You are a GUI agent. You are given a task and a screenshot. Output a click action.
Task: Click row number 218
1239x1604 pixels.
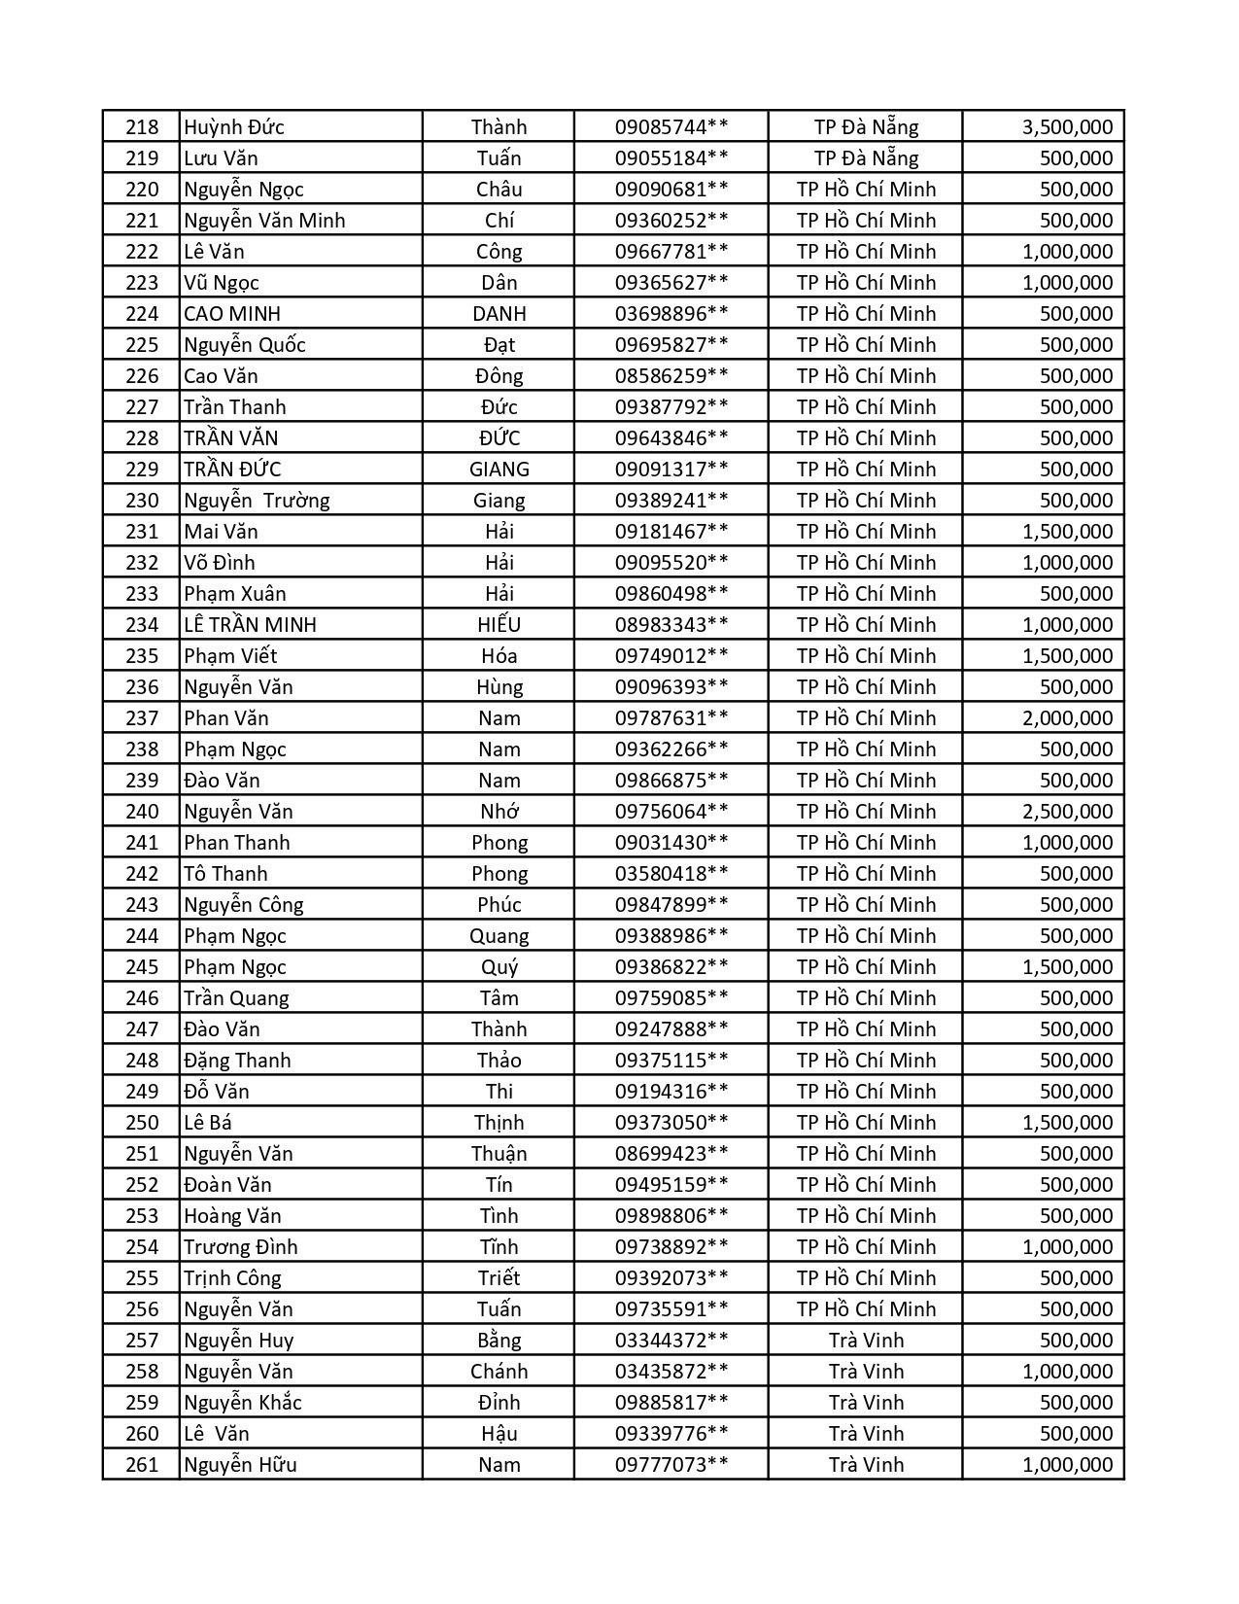142,127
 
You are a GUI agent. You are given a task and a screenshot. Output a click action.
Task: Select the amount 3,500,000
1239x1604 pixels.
1067,127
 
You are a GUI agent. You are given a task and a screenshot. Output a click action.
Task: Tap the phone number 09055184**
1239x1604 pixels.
671,158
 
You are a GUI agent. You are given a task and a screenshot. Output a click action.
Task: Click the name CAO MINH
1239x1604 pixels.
232,314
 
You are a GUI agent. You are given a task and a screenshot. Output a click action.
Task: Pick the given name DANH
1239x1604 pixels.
499,314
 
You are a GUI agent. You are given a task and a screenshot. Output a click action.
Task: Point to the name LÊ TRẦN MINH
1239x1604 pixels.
250,625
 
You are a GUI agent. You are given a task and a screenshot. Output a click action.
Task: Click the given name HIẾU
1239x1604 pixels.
499,625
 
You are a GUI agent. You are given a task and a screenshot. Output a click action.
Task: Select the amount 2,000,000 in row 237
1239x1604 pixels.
1067,718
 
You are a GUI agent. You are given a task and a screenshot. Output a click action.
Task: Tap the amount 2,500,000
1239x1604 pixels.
1067,812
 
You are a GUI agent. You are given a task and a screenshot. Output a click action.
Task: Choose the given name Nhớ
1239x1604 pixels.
499,812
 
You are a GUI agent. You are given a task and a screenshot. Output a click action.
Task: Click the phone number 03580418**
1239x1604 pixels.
671,874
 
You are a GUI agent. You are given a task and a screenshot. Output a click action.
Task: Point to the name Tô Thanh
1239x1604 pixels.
225,874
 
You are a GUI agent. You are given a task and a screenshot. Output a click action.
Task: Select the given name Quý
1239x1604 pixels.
499,967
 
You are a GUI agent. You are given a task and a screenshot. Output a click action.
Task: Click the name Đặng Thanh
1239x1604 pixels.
237,1061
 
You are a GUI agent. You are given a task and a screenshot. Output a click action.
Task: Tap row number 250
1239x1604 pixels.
142,1123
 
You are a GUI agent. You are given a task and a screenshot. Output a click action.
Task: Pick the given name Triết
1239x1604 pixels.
499,1278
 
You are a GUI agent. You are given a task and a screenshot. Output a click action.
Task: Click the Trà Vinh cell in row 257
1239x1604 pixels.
866,1341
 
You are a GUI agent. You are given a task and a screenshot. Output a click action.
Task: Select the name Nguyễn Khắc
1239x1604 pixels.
243,1403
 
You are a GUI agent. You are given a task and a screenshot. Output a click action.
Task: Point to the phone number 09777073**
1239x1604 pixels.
671,1465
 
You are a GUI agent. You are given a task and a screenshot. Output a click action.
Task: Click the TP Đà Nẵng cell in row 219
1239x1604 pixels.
866,158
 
